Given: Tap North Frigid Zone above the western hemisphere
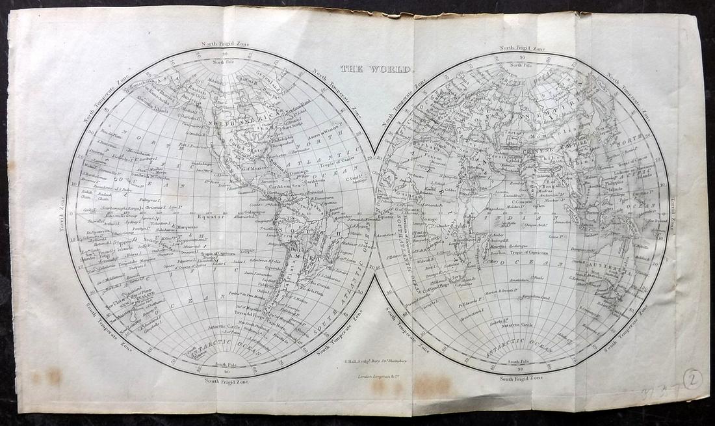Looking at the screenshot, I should click(224, 44).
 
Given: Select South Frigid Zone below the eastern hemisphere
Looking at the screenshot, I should click(521, 377).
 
